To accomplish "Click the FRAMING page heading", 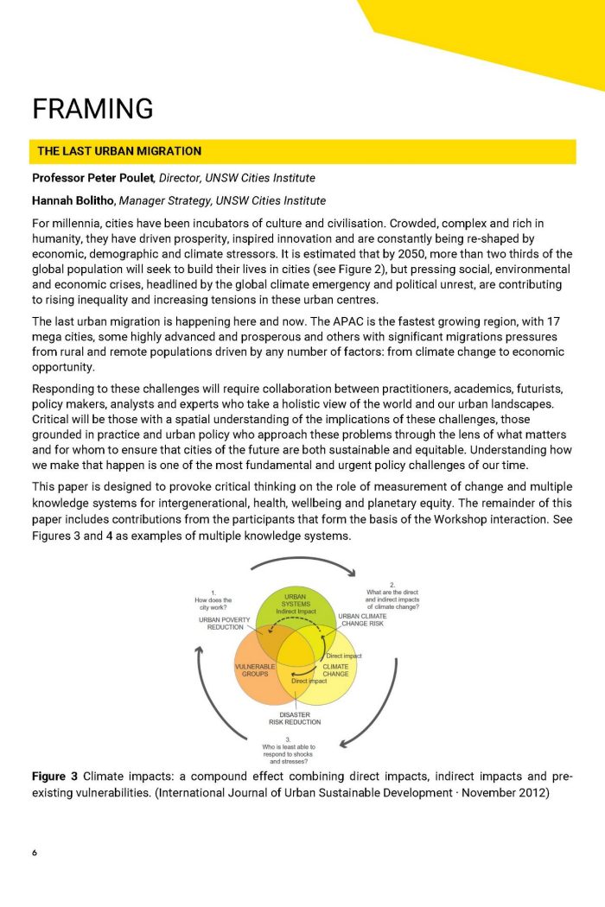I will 92,109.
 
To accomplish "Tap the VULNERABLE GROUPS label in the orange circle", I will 255,671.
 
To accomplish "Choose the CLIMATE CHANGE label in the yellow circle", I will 335,671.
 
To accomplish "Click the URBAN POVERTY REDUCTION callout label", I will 226,624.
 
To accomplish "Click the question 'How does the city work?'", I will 213,600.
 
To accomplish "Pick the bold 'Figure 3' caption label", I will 55,777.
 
